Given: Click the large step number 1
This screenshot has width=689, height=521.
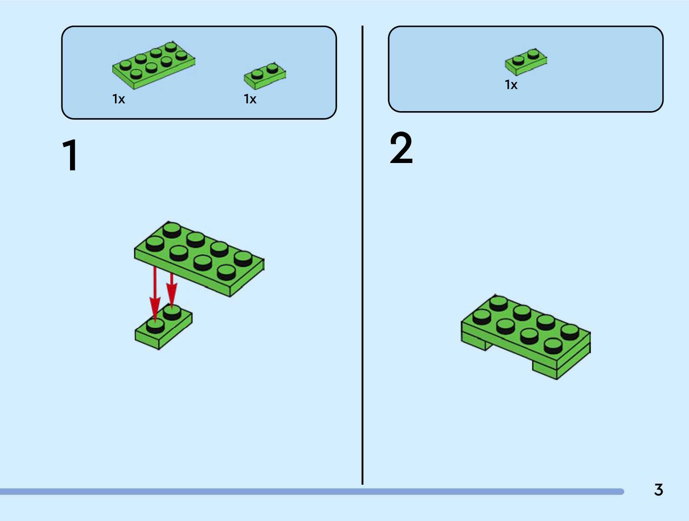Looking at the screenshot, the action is [x=70, y=156].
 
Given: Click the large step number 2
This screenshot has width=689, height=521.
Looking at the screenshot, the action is [x=401, y=149].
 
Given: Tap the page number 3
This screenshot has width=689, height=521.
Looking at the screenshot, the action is [x=658, y=490].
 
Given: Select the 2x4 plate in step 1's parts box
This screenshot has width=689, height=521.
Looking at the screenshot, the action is [x=153, y=65].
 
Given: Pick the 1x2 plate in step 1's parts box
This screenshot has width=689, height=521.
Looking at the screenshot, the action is [x=265, y=75].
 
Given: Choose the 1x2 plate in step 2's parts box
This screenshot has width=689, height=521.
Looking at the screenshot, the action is [x=526, y=61].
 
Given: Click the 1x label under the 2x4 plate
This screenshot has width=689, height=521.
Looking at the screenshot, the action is [x=118, y=99].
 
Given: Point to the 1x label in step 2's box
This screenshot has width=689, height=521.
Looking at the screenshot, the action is [x=511, y=85].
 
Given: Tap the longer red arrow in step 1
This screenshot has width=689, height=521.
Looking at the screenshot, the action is [x=155, y=294].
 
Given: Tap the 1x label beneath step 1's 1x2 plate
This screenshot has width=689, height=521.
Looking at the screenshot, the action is [x=250, y=99].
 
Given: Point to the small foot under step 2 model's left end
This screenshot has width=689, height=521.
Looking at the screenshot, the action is [x=475, y=343].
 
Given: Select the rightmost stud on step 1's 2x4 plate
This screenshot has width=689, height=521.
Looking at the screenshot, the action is [x=243, y=259].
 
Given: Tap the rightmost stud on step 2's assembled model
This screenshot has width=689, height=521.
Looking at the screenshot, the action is [x=570, y=332].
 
